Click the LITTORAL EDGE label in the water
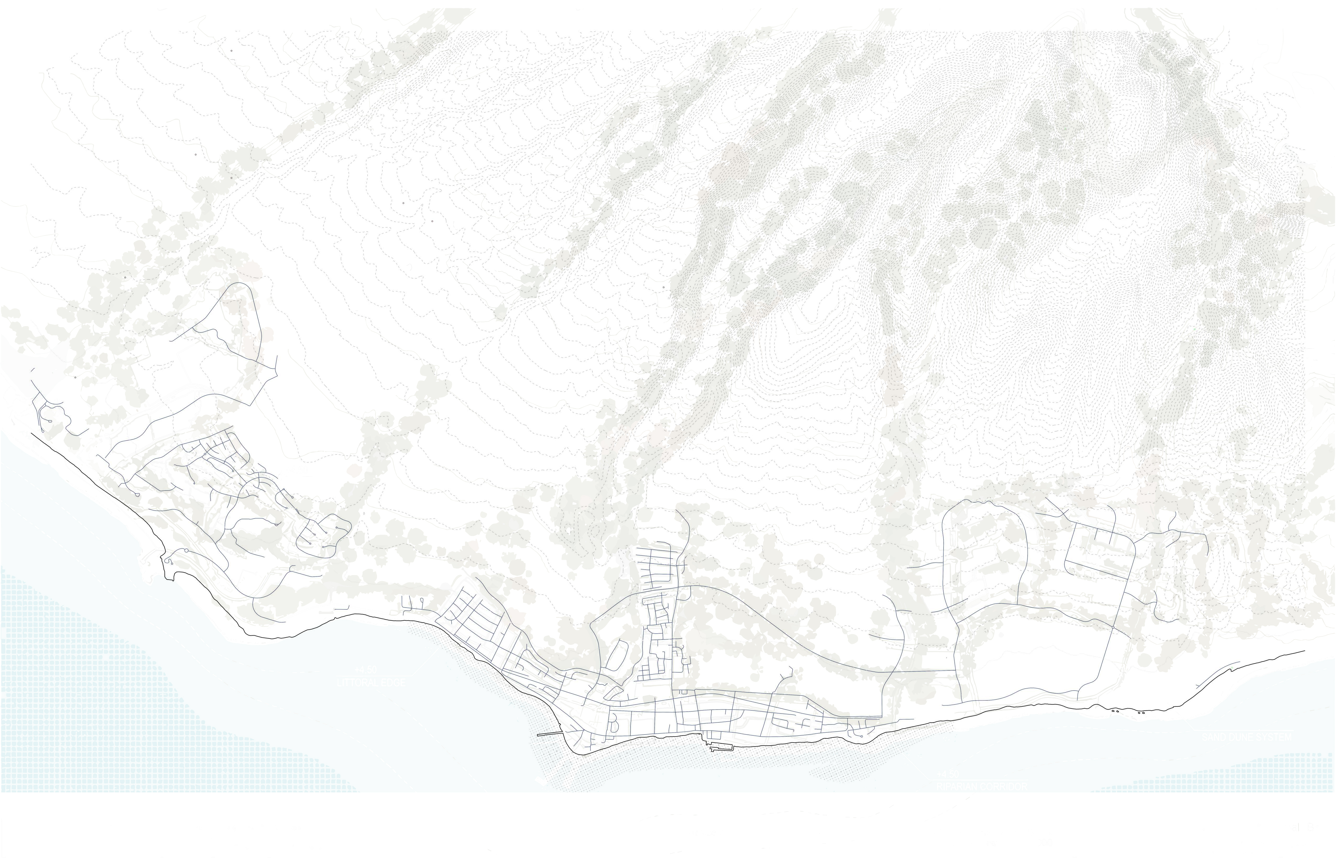[370, 684]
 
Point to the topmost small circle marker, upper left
[231, 51]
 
